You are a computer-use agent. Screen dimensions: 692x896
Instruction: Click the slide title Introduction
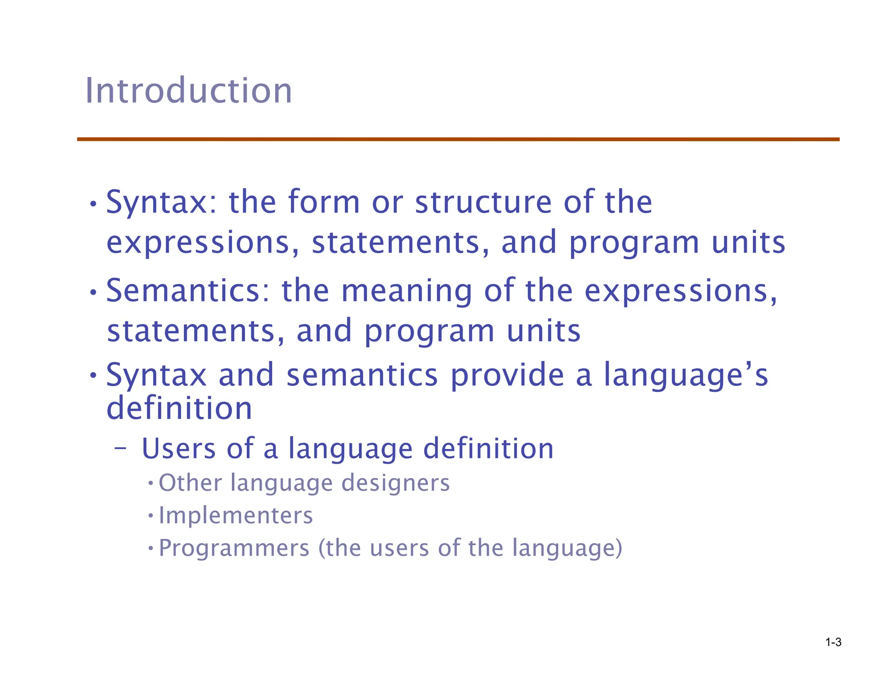coord(188,91)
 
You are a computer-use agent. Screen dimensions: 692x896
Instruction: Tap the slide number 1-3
coord(833,642)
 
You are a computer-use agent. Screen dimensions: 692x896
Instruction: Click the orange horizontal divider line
coord(458,139)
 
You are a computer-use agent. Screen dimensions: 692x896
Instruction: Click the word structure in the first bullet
coord(483,202)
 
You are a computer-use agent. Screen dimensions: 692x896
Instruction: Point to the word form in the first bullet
coord(323,202)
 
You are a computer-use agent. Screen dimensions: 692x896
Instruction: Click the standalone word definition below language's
coord(179,408)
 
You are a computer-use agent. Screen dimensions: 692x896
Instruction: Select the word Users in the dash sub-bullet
coord(179,449)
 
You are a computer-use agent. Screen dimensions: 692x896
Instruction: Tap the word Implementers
coord(235,515)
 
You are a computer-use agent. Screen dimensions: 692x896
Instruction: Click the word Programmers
coord(234,548)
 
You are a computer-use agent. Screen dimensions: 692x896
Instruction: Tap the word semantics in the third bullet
coord(362,375)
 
